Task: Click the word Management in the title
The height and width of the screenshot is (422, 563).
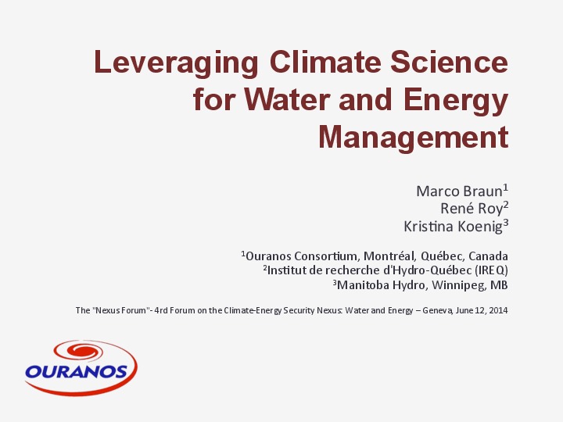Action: tap(413, 138)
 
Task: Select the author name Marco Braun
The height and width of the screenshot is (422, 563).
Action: tap(458, 191)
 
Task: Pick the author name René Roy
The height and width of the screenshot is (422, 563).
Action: tap(471, 208)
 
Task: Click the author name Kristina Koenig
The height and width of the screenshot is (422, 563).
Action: tap(452, 226)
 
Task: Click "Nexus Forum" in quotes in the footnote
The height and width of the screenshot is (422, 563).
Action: tap(117, 310)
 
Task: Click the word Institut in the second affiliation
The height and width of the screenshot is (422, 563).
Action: tap(286, 270)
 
